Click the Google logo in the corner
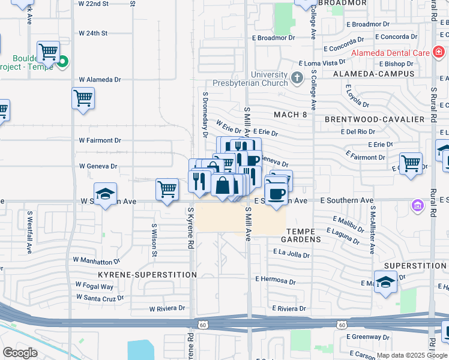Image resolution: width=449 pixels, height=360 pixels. tap(20, 353)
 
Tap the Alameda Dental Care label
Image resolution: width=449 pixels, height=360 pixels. tap(391, 53)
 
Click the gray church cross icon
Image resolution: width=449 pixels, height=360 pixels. tap(297, 78)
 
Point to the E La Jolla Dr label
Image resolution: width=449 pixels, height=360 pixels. tap(291, 254)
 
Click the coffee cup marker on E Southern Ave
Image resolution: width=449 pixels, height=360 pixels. tap(276, 195)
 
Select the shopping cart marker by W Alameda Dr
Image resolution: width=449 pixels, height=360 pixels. tap(83, 98)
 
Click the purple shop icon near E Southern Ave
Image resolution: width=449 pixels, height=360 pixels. tap(417, 206)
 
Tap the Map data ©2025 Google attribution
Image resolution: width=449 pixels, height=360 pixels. tap(411, 355)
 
